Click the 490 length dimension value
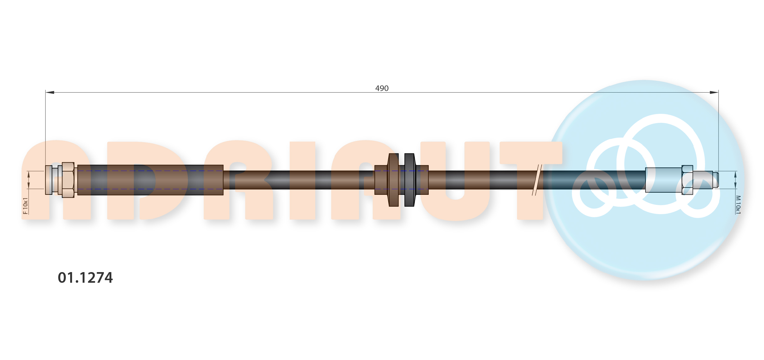(382, 89)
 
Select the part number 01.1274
(85, 278)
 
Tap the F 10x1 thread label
(26, 206)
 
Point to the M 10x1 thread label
(738, 205)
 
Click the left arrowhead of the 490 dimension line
(50, 92)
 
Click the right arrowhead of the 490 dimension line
(714, 92)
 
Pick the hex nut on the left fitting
(68, 180)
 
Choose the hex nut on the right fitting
(687, 180)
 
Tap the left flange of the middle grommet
(394, 180)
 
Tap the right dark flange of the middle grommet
(409, 180)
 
